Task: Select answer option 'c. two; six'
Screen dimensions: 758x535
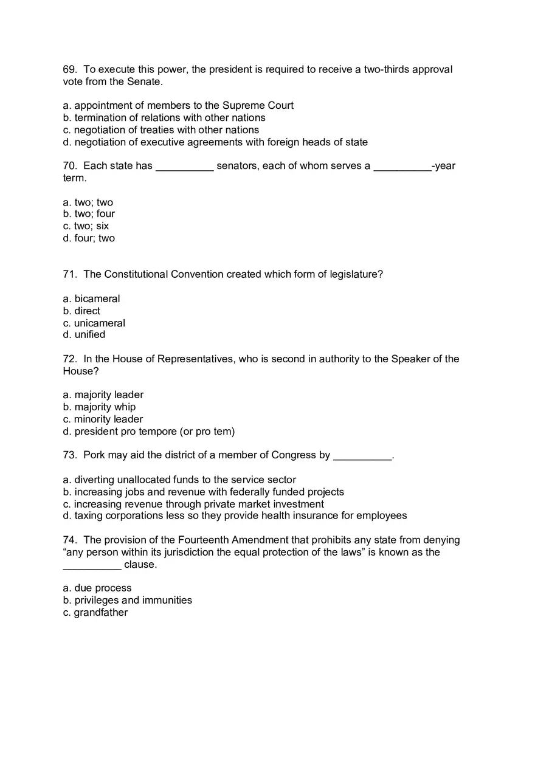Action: click(86, 226)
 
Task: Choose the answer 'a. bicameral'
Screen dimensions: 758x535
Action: click(91, 299)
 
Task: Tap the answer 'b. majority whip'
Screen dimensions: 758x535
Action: click(99, 407)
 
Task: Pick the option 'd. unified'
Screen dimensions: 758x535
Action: click(84, 335)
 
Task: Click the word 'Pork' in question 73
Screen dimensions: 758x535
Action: click(94, 455)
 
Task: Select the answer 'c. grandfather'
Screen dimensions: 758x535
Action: click(95, 613)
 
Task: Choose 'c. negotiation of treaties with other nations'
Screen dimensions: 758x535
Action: click(161, 130)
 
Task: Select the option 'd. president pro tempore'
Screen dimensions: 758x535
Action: click(148, 432)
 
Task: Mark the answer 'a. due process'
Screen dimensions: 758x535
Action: click(97, 588)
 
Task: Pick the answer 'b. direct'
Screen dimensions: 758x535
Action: click(81, 311)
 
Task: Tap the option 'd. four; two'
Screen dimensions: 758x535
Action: click(89, 238)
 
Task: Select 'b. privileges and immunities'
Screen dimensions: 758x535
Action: click(127, 601)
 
